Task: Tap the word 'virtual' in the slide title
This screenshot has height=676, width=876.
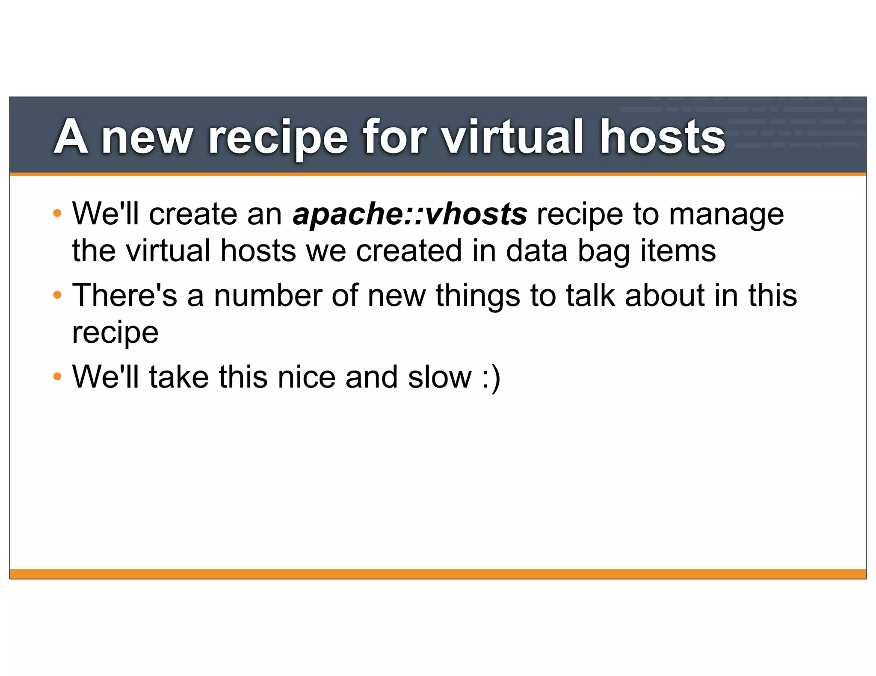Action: [x=512, y=137]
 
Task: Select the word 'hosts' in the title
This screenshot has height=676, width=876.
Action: [x=662, y=137]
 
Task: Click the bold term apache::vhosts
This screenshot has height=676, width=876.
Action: [x=410, y=214]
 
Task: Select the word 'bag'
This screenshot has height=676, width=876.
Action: [x=604, y=251]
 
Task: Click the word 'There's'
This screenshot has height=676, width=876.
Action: [x=124, y=295]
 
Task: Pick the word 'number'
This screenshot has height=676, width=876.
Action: [x=268, y=295]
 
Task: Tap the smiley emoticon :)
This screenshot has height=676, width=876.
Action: [x=491, y=378]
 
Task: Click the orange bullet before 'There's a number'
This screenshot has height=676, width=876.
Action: [x=57, y=295]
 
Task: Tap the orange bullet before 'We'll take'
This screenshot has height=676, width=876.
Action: [x=57, y=377]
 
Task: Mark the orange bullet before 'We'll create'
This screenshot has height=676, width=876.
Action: [x=57, y=213]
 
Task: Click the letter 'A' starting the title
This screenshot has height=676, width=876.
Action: [x=71, y=137]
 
